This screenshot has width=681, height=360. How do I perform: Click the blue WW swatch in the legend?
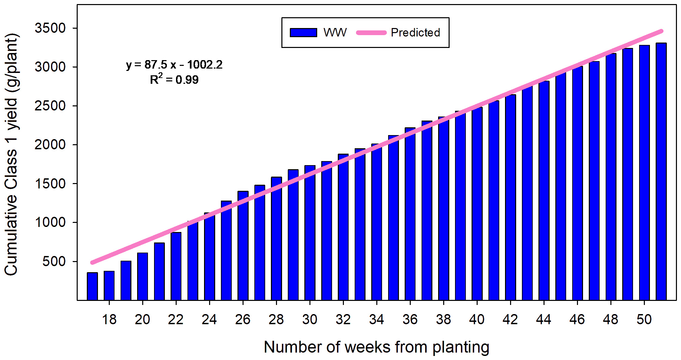303,32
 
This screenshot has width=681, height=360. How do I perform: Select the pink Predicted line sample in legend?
371,32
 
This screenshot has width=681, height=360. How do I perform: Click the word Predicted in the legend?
415,32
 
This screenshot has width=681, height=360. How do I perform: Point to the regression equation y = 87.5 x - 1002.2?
174,64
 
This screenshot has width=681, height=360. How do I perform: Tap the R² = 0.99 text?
174,80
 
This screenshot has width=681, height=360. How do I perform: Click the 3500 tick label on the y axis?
50,28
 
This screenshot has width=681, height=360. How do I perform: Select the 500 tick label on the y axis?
54,261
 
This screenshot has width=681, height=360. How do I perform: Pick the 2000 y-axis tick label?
50,145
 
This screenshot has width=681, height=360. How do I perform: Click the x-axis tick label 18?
109,319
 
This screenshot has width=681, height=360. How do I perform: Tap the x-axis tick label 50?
644,319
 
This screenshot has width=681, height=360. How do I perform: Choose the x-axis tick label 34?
376,319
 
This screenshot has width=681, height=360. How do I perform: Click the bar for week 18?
109,285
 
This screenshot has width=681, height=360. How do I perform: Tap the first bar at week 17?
92,286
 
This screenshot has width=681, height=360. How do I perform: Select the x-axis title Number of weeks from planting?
376,347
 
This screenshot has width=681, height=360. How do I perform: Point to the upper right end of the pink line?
661,31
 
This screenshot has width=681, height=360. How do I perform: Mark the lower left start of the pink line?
92,262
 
